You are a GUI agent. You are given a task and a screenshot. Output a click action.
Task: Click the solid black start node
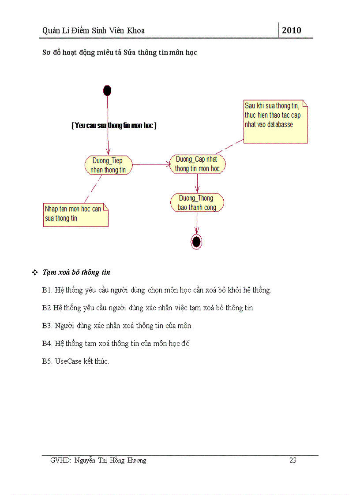click(x=107, y=91)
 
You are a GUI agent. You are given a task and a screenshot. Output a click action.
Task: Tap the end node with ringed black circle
click(x=196, y=241)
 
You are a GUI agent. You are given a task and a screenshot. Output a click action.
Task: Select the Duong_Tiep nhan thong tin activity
click(x=108, y=165)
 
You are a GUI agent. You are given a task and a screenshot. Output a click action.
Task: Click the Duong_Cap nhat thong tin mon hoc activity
click(x=197, y=164)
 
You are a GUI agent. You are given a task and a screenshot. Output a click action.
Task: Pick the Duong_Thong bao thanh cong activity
click(x=197, y=203)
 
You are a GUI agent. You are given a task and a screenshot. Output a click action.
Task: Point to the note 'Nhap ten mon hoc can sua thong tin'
click(x=75, y=214)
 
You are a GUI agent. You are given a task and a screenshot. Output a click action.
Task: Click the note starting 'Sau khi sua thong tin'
click(x=276, y=122)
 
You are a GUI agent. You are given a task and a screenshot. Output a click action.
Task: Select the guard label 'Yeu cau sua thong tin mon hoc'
click(x=114, y=125)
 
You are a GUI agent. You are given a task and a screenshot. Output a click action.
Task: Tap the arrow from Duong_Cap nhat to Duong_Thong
click(x=197, y=183)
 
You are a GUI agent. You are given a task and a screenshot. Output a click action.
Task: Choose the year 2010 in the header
click(x=292, y=30)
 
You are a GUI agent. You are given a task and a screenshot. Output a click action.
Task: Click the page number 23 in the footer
click(x=293, y=461)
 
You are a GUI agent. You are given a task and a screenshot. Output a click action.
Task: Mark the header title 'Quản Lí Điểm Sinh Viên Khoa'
click(x=94, y=30)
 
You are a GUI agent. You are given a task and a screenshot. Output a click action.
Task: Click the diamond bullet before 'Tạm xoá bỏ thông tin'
click(x=34, y=273)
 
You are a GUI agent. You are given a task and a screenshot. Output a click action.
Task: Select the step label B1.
click(x=47, y=290)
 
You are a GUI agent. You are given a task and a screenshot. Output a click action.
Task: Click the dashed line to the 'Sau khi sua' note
click(x=229, y=146)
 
